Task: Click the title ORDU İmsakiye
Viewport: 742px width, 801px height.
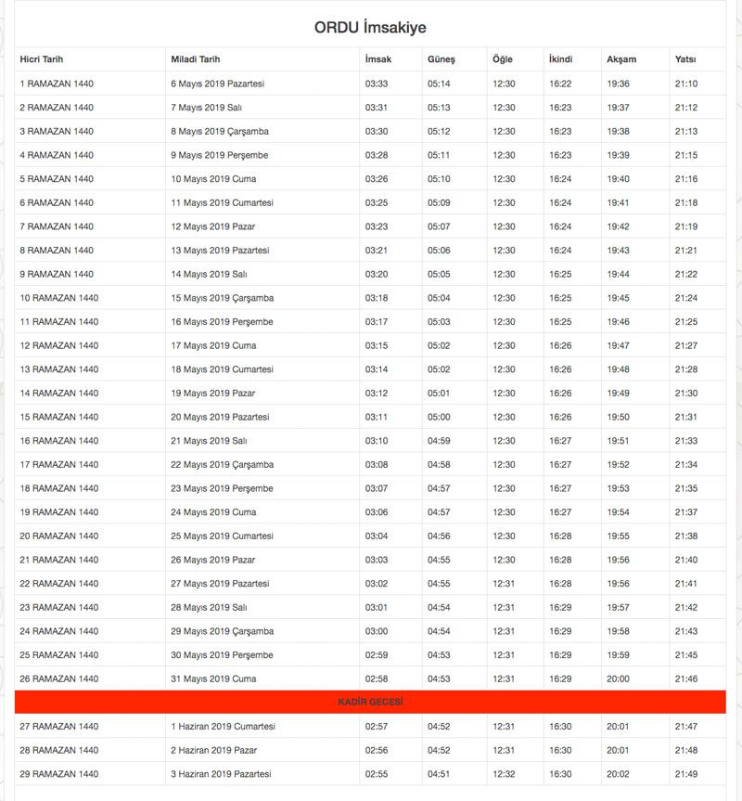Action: click(x=370, y=28)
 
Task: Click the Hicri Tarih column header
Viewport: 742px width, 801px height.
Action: click(x=42, y=59)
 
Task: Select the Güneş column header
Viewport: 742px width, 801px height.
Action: click(x=441, y=59)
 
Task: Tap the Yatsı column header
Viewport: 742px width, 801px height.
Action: click(x=685, y=59)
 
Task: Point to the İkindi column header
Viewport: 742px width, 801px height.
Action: click(x=560, y=59)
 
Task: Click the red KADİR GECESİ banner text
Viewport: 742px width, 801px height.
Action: click(x=370, y=703)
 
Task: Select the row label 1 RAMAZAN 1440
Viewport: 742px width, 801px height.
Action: click(x=57, y=84)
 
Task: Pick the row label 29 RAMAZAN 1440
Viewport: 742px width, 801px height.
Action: click(x=58, y=774)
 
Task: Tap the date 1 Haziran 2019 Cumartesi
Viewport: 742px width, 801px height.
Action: click(x=223, y=727)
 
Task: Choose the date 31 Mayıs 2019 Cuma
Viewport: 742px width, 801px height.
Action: click(x=213, y=679)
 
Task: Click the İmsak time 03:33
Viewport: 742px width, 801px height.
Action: click(x=377, y=84)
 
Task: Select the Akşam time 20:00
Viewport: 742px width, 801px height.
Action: click(x=618, y=679)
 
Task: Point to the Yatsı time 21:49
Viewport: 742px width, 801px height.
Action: click(x=686, y=774)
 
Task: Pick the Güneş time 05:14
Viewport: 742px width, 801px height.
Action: click(x=439, y=84)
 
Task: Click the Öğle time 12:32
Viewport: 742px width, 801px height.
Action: click(x=504, y=774)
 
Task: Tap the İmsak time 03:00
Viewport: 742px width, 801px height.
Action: click(x=377, y=631)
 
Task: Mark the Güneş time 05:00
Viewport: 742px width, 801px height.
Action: click(x=439, y=418)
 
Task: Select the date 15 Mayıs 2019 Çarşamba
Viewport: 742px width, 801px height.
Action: click(x=222, y=298)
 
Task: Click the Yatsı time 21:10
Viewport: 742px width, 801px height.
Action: click(x=686, y=84)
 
